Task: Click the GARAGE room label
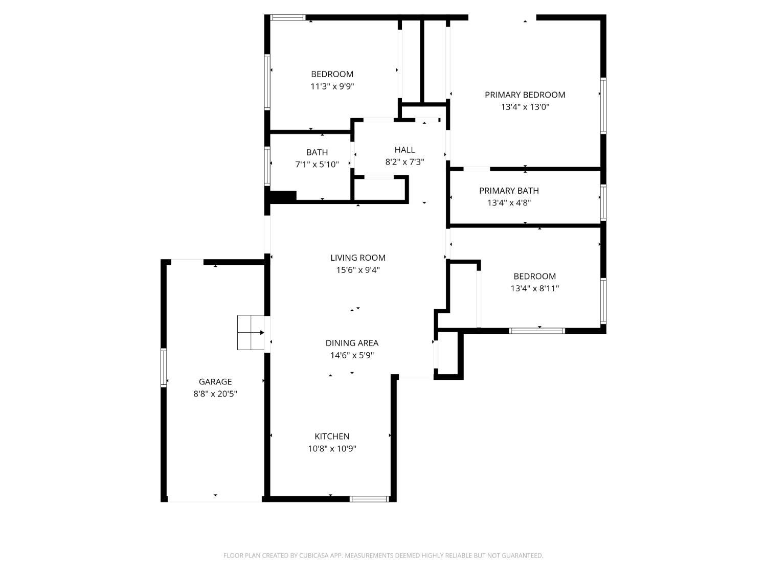(215, 382)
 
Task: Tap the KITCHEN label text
(332, 436)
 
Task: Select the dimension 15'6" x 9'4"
(357, 270)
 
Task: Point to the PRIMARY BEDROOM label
(525, 95)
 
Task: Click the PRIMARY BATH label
(509, 191)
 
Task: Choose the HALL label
(404, 150)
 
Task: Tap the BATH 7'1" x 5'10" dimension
(317, 165)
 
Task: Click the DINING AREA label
(352, 343)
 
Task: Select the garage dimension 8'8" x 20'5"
(215, 394)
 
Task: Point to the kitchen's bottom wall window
(369, 499)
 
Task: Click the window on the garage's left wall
(164, 367)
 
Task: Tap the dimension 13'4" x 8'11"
(534, 289)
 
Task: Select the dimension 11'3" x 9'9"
(332, 87)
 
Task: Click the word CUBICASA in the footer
(314, 556)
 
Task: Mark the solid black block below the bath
(283, 196)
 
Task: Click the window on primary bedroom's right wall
(603, 105)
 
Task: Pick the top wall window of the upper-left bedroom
(288, 17)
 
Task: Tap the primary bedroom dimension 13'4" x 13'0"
(525, 107)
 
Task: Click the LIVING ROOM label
(357, 258)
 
